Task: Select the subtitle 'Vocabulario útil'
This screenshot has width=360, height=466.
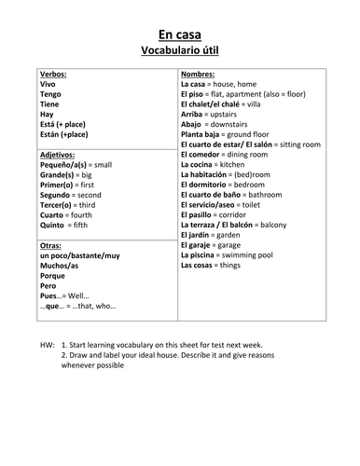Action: pos(180,48)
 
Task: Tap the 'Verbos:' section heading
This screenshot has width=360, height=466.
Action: pos(54,74)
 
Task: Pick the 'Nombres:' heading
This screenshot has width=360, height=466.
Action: pos(199,74)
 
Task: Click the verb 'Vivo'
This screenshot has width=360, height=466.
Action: pos(48,84)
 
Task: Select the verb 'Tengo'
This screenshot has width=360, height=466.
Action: pos(51,94)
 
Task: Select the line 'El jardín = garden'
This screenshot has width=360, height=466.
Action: pos(216,235)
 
